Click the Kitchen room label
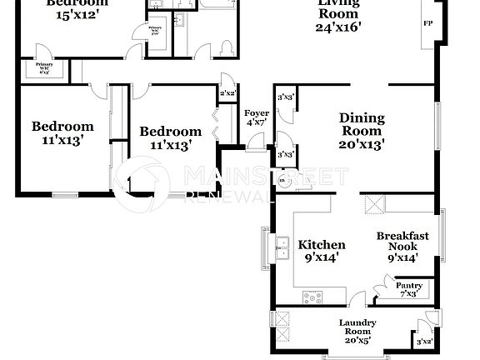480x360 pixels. coord(322,245)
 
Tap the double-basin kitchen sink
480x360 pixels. coord(282,249)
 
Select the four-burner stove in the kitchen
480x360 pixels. coord(313,296)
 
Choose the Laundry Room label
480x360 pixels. coord(357,327)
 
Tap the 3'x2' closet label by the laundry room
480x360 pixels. coord(425,341)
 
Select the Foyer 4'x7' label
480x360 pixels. coord(256,117)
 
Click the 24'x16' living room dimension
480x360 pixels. coord(338,27)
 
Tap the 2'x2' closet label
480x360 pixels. coord(227,93)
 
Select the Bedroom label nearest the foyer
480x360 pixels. coord(170,132)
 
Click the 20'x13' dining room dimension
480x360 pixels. coord(362,143)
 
